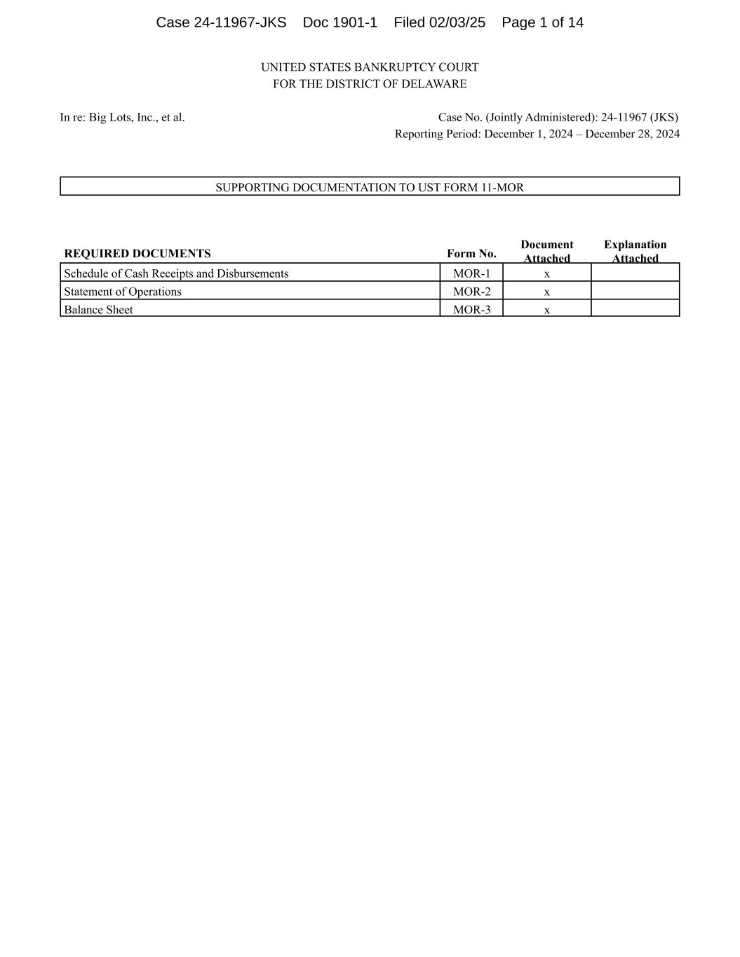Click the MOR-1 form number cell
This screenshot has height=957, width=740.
pos(471,273)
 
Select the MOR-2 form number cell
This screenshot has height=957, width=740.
pos(471,292)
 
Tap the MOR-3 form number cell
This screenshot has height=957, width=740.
pos(471,310)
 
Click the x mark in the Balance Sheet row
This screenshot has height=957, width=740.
pos(547,310)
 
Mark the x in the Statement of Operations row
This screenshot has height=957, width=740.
pos(547,292)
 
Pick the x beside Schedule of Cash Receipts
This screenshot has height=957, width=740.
pos(547,274)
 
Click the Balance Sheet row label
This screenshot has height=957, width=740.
pos(98,310)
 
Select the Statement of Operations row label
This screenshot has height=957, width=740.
pos(123,292)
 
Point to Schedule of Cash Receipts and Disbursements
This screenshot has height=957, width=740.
pos(176,273)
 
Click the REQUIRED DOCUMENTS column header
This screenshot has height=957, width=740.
pos(137,254)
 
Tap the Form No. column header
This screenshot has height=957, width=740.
pos(471,254)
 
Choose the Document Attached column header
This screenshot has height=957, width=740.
pos(547,251)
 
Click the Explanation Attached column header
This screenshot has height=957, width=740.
pos(635,251)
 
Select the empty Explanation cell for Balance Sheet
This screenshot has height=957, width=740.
pos(635,308)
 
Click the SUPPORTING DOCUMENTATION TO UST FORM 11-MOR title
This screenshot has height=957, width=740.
pos(370,187)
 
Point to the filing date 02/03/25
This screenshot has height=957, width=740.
pos(457,22)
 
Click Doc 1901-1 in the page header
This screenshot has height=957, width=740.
pos(340,22)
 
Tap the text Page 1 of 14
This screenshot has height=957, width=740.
pos(542,22)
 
